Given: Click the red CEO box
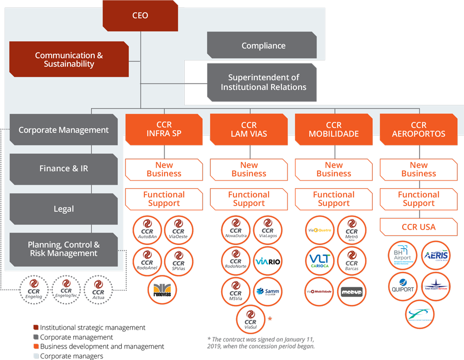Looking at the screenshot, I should point(140,15).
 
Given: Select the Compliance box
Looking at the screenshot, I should point(263,46).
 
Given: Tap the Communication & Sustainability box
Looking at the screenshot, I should point(69,60).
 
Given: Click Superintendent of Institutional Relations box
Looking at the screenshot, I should point(263,82).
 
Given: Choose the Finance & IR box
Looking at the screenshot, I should point(63,169).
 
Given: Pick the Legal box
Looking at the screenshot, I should point(63,209).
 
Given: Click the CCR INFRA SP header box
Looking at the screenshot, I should point(164,129).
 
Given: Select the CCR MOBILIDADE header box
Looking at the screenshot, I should point(334,129).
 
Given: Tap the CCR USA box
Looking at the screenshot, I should point(418,227).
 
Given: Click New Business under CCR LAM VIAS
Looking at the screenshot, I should point(248,170).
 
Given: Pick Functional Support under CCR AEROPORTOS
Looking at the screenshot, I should point(418,199).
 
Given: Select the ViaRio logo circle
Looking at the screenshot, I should point(268,261).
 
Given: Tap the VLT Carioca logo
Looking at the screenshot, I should point(320,260).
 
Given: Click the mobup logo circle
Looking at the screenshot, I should point(352,292).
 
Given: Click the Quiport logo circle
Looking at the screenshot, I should point(402,286).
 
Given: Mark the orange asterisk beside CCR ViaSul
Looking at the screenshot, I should point(269,319).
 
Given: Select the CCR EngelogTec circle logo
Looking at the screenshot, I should point(66,290).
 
